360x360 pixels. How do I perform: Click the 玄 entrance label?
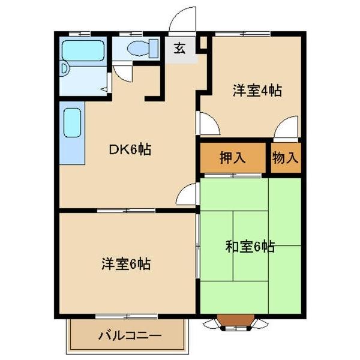click(x=179, y=49)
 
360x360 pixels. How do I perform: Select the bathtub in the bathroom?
click(x=83, y=49)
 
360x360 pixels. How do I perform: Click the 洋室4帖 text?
click(x=257, y=91)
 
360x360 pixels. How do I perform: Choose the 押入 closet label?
click(x=232, y=158)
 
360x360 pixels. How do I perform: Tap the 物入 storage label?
click(x=286, y=158)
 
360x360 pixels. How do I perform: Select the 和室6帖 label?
click(x=250, y=246)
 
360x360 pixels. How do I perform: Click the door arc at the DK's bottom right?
click(x=188, y=195)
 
